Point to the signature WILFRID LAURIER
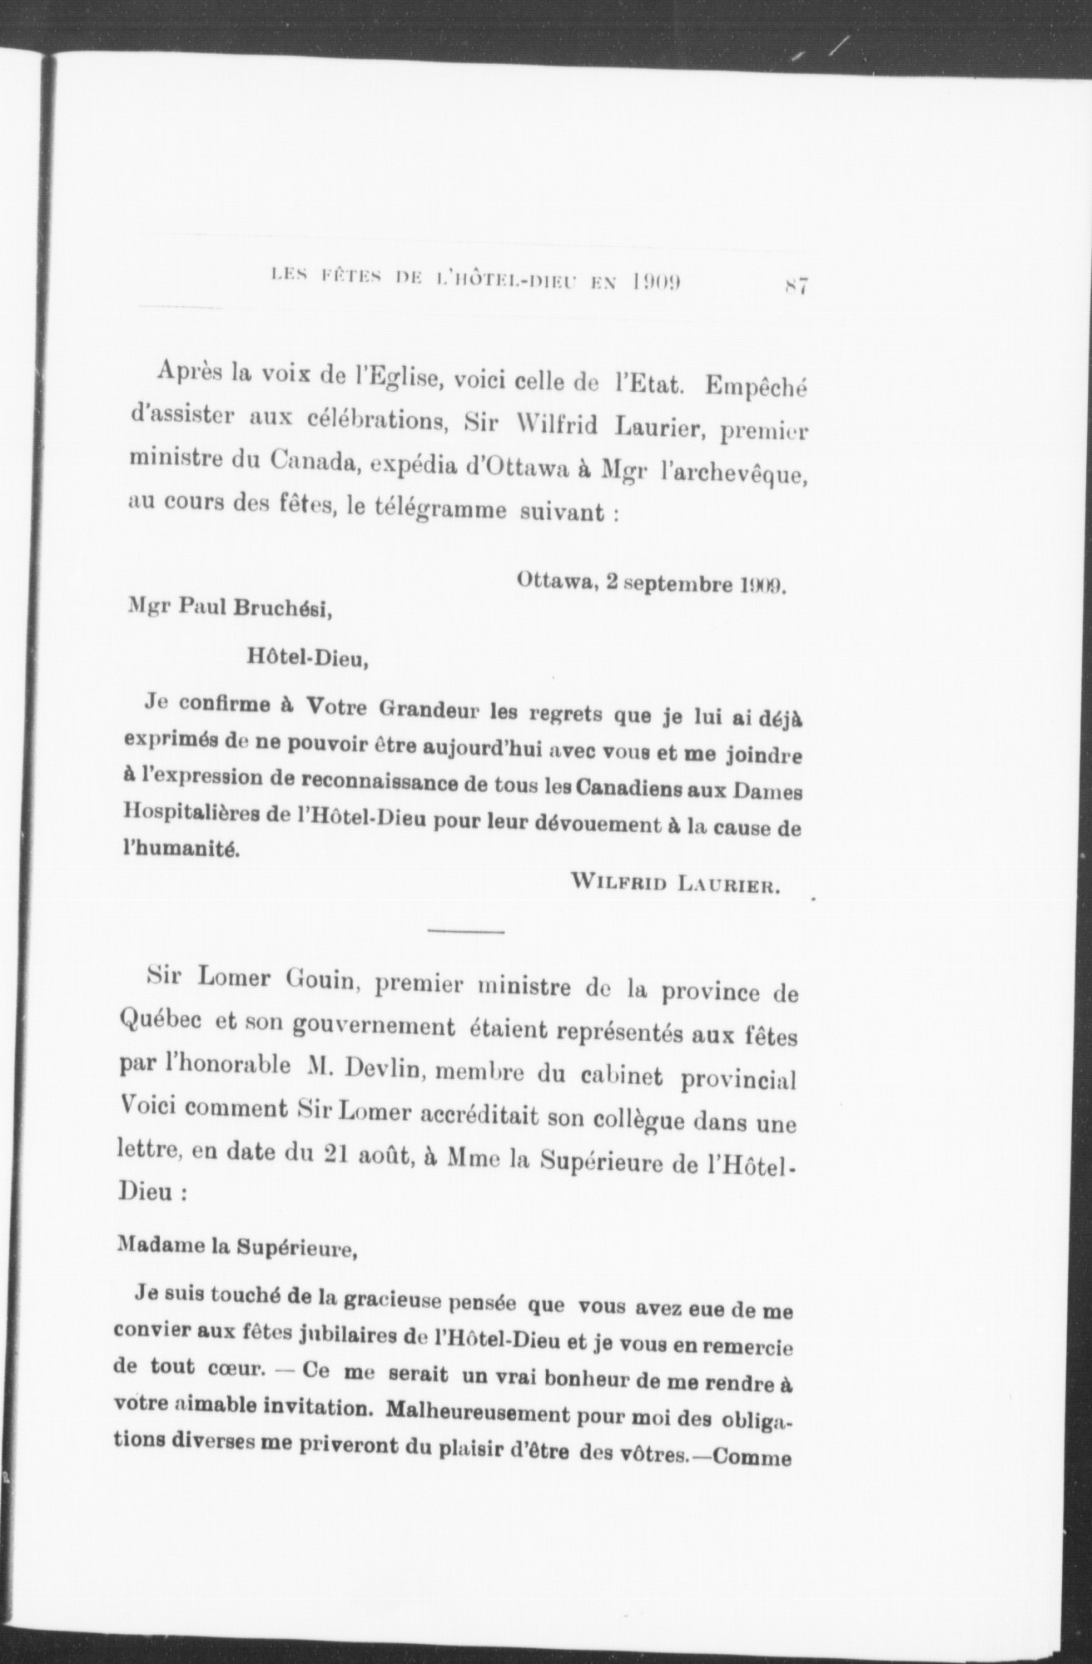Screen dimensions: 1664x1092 (x=674, y=887)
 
